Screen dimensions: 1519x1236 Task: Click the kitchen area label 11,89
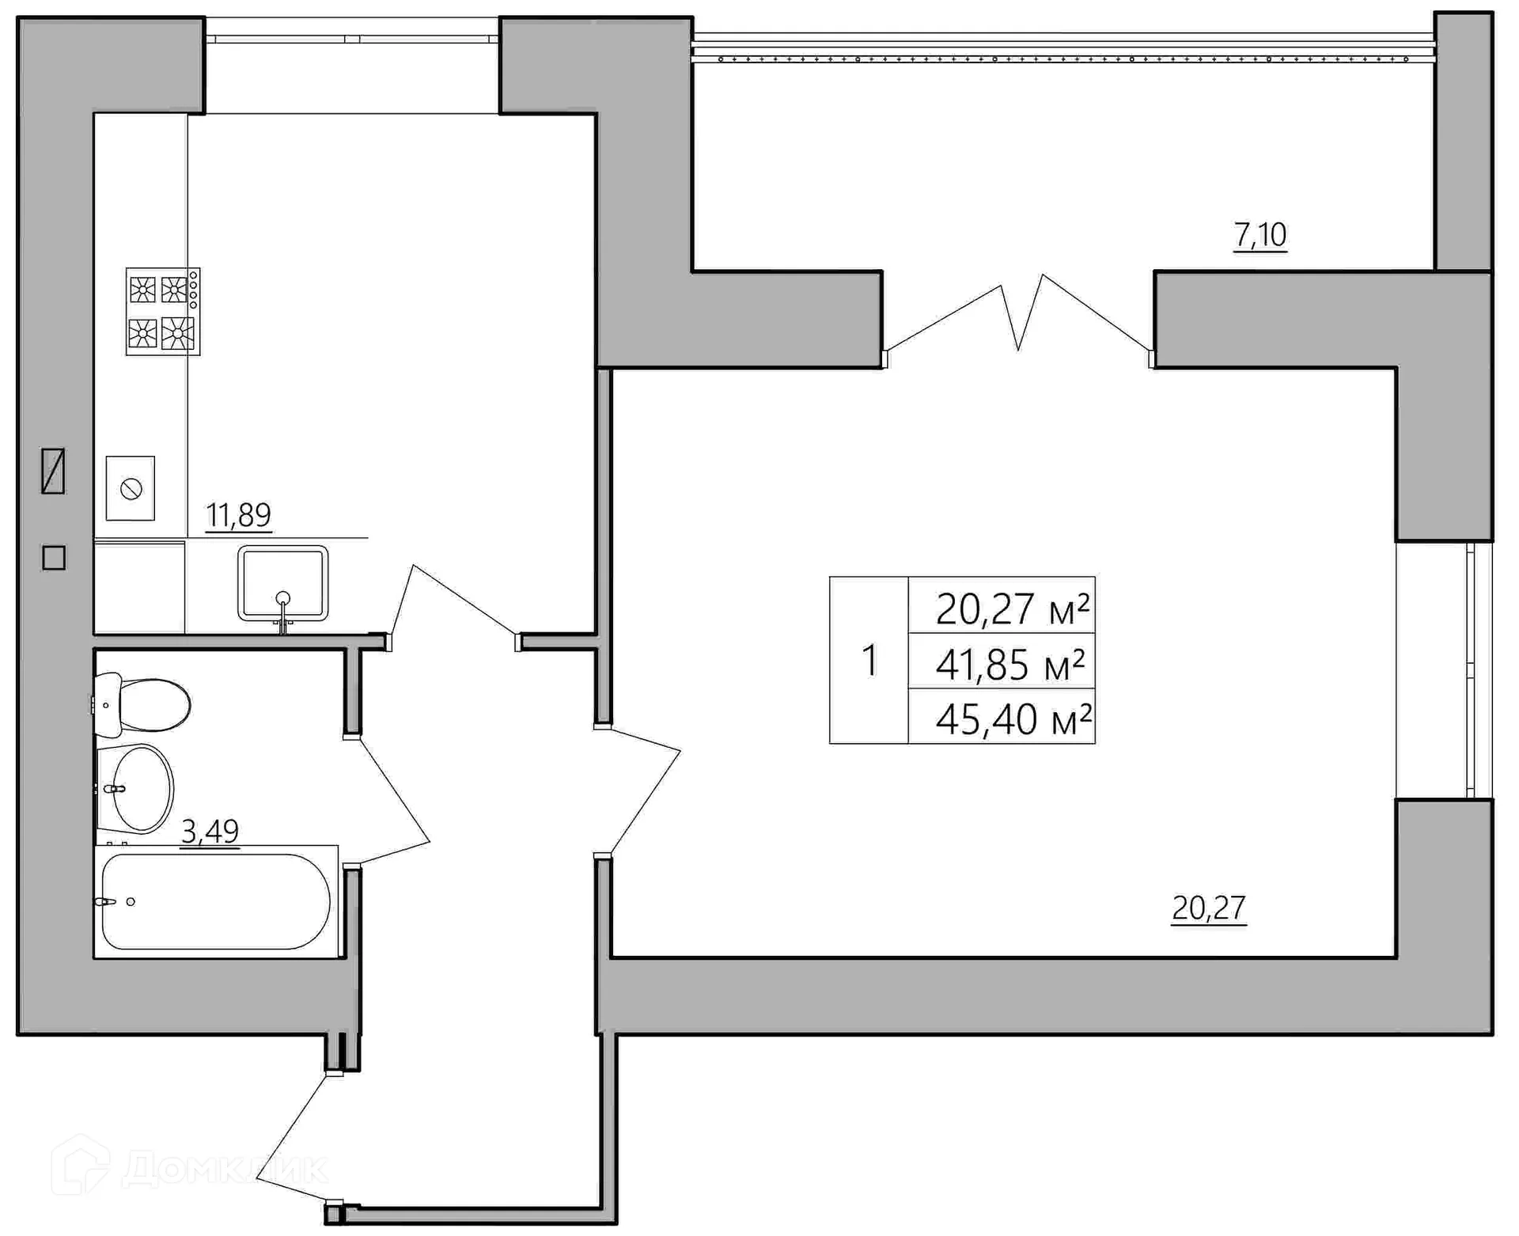click(x=238, y=515)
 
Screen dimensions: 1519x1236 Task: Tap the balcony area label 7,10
click(x=1260, y=235)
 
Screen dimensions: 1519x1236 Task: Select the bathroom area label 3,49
click(x=210, y=831)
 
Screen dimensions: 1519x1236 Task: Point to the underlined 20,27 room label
click(x=1209, y=908)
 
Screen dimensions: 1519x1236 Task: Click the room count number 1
click(x=869, y=661)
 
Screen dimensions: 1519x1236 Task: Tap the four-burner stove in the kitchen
click(x=163, y=312)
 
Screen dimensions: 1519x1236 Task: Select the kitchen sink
click(x=282, y=583)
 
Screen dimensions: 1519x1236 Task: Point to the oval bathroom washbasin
click(x=135, y=788)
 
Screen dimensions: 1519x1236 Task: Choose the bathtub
click(x=216, y=901)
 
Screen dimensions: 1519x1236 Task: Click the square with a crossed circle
click(x=131, y=488)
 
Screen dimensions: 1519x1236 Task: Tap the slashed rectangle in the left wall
click(x=53, y=471)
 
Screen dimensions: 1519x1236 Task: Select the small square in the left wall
click(x=54, y=558)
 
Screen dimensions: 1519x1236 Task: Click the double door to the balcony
click(x=1019, y=320)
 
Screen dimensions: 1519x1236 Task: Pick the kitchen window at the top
click(x=352, y=38)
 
